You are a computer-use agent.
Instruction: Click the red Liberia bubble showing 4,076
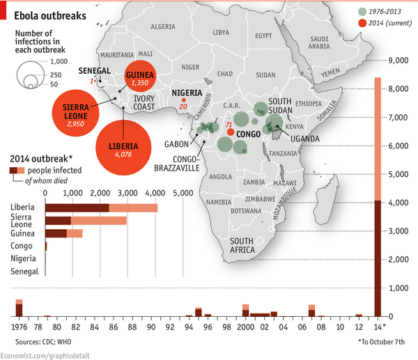123,148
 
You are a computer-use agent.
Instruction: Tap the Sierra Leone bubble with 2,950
76,113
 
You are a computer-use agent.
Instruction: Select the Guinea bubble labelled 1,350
140,76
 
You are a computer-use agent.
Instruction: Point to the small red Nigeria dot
184,100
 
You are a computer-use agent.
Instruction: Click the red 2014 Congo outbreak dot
231,132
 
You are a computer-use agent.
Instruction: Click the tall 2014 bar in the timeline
378,197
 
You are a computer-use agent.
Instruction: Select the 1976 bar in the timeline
20,308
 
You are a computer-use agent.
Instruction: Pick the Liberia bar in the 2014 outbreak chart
101,208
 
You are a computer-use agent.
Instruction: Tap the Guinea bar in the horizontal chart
63,233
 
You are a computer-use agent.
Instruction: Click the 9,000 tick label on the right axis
398,61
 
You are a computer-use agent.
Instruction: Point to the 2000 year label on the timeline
245,327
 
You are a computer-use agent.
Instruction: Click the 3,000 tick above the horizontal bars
127,193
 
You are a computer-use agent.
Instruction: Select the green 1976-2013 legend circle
362,11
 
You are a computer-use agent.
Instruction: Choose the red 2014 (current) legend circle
362,23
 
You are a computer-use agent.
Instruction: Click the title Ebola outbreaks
50,16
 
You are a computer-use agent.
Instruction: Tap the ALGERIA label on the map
163,26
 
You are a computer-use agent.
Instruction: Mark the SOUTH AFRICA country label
242,245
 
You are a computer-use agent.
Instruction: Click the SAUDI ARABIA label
319,42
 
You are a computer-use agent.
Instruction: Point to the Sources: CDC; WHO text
43,342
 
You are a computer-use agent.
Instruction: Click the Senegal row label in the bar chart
24,272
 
